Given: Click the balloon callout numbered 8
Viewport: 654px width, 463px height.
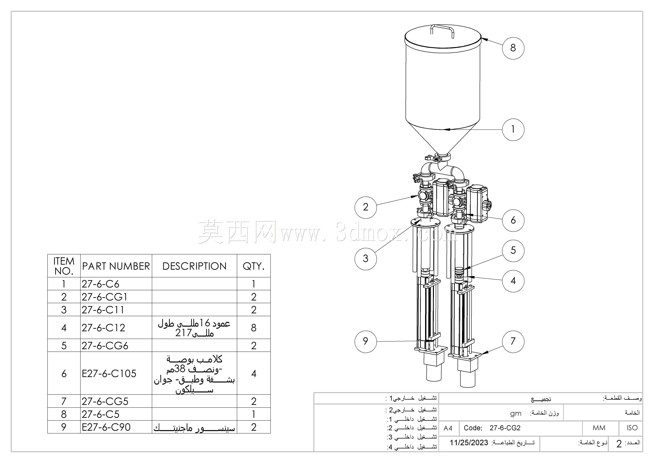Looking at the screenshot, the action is pyautogui.click(x=513, y=48).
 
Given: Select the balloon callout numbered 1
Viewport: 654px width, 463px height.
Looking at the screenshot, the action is pyautogui.click(x=513, y=130).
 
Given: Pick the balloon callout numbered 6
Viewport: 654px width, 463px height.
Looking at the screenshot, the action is pyautogui.click(x=513, y=220).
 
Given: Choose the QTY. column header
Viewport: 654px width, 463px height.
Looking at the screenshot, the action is pyautogui.click(x=254, y=266).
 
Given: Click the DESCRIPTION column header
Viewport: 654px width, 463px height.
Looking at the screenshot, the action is pyautogui.click(x=194, y=266).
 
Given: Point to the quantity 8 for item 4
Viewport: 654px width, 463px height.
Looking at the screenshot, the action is pyautogui.click(x=254, y=328).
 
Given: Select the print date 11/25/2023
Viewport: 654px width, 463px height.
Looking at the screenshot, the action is pyautogui.click(x=469, y=443).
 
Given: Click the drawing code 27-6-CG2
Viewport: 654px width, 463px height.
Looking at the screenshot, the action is pyautogui.click(x=505, y=428).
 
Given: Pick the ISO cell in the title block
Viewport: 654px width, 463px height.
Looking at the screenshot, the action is pyautogui.click(x=632, y=428).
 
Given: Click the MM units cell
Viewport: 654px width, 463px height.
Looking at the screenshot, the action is pyautogui.click(x=599, y=428).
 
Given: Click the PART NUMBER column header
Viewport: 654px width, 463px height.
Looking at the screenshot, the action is pyautogui.click(x=116, y=266).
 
